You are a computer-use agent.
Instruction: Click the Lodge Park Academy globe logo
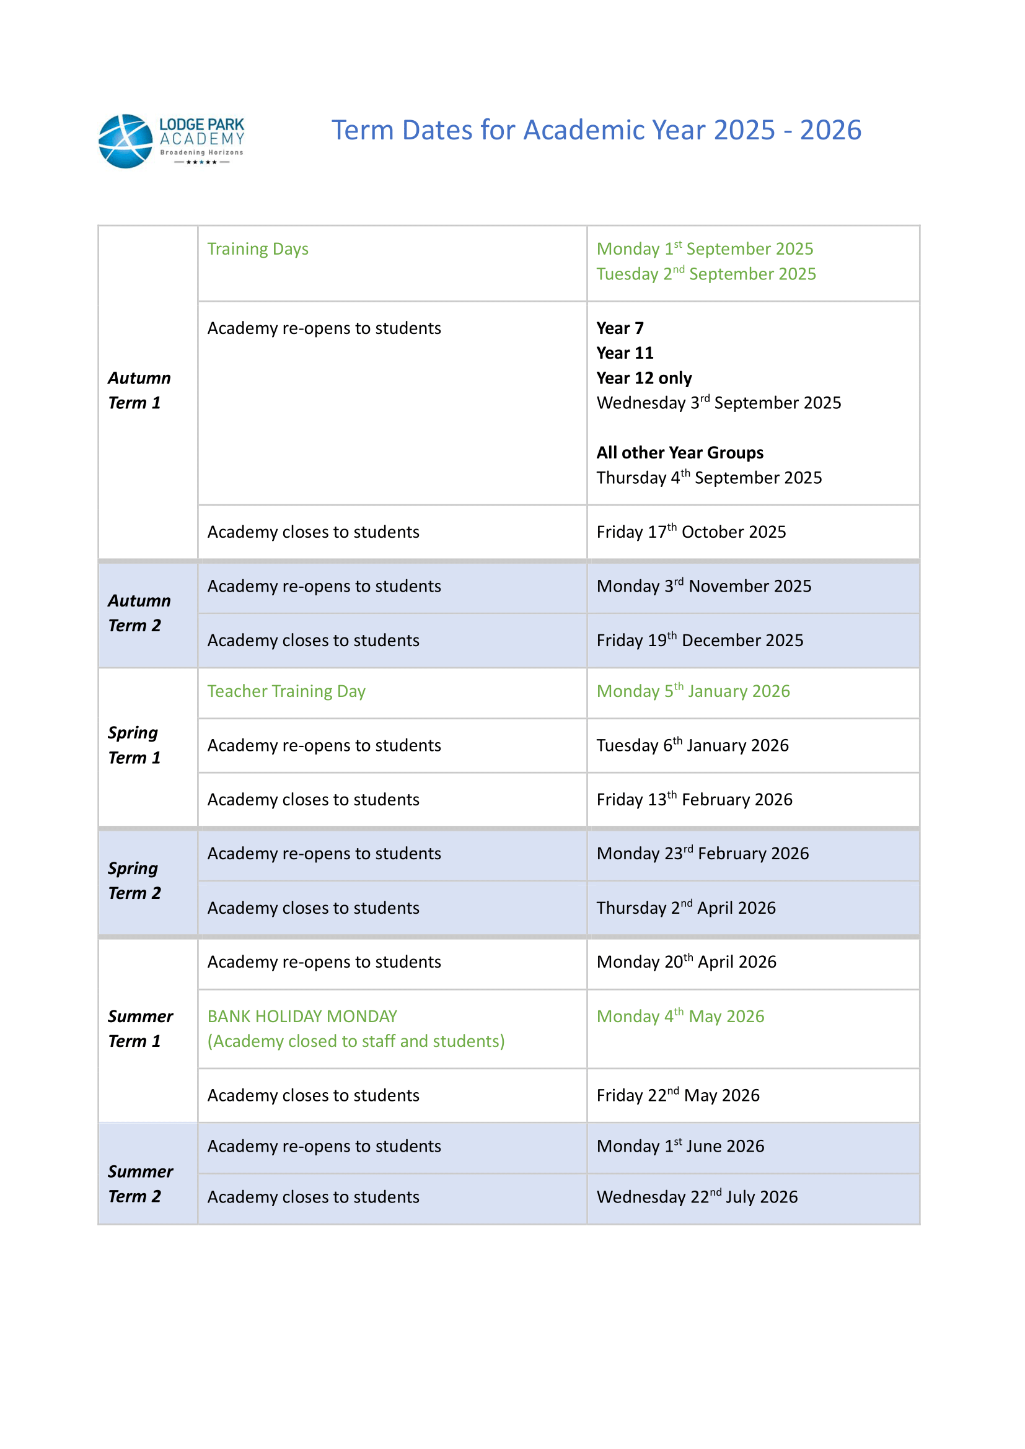click(x=126, y=141)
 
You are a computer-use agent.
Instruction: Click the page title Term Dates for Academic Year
click(x=596, y=131)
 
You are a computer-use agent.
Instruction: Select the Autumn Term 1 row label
click(x=139, y=390)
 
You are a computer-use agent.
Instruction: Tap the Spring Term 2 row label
click(x=134, y=880)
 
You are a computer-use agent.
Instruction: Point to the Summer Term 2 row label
click(x=139, y=1183)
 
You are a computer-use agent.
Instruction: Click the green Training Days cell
click(x=258, y=249)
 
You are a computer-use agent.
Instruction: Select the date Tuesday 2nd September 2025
click(x=706, y=274)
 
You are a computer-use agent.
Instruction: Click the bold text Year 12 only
click(x=644, y=378)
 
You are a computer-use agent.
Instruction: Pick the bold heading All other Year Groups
click(x=680, y=452)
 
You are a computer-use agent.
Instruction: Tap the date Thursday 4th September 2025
click(x=709, y=478)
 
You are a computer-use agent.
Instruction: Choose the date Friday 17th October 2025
click(x=691, y=532)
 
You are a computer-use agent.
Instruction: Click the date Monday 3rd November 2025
click(x=704, y=586)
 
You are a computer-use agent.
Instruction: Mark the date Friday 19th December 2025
click(x=700, y=641)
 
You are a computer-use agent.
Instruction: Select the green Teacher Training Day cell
click(x=286, y=691)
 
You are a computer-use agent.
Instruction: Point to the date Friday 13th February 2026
click(x=694, y=800)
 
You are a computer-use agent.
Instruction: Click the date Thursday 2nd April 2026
click(x=686, y=908)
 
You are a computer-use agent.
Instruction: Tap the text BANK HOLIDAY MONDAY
click(x=302, y=1016)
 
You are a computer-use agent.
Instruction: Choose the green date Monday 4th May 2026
click(x=680, y=1016)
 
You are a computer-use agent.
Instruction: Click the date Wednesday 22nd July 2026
click(x=697, y=1197)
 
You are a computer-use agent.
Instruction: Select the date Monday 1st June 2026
click(x=680, y=1146)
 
